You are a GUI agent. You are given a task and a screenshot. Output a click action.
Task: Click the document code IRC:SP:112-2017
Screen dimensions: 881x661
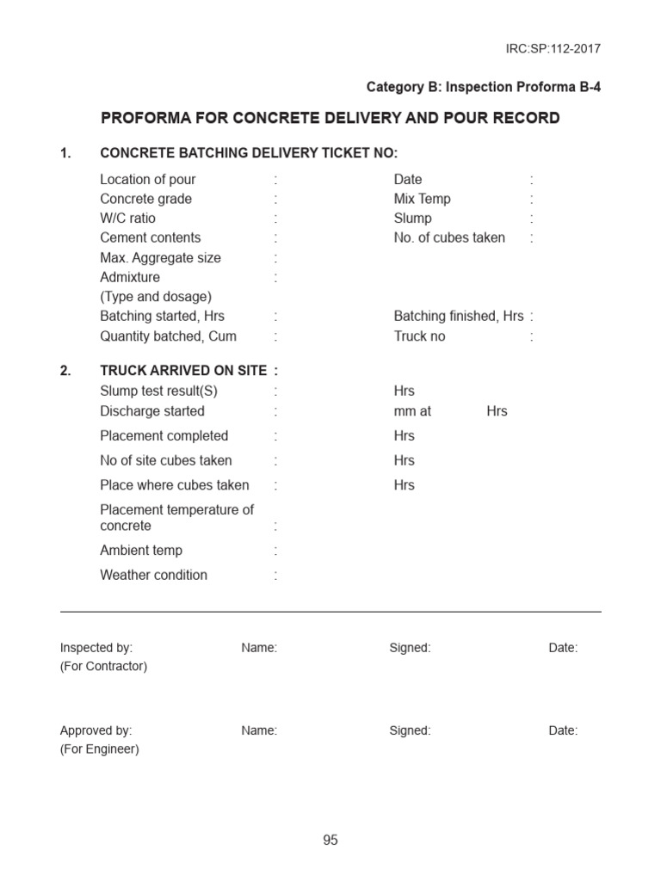(x=553, y=48)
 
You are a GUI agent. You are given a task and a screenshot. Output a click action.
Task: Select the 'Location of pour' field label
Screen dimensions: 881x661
(x=148, y=179)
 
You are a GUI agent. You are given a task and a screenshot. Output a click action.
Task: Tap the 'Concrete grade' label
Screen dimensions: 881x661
(x=146, y=199)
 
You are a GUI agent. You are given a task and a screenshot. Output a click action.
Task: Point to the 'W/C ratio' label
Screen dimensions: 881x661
(x=128, y=219)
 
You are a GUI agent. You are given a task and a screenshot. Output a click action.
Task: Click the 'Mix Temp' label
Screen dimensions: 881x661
(x=423, y=199)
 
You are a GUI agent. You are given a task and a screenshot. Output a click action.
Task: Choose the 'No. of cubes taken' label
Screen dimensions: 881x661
(x=449, y=237)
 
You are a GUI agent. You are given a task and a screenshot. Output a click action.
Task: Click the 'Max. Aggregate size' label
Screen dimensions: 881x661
(x=160, y=257)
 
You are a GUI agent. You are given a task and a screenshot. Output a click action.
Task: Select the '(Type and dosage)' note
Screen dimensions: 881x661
(x=156, y=297)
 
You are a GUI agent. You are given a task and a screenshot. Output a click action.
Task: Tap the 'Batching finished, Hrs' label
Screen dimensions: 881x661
(x=459, y=316)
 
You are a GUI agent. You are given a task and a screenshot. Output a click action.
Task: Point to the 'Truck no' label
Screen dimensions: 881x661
(x=420, y=336)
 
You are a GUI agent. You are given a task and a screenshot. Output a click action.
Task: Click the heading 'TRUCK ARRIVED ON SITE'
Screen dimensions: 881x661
(x=183, y=371)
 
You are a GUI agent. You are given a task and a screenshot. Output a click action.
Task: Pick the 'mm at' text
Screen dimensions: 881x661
(x=412, y=411)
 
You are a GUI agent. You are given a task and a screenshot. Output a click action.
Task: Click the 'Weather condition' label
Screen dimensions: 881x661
(x=154, y=575)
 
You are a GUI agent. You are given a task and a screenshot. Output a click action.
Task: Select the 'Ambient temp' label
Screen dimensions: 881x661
(x=141, y=551)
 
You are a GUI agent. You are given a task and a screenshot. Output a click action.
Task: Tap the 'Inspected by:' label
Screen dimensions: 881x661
(x=96, y=648)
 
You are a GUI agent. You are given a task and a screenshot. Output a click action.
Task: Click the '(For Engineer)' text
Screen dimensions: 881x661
(x=99, y=749)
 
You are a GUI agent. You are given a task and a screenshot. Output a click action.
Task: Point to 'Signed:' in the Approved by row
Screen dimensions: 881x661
(x=410, y=730)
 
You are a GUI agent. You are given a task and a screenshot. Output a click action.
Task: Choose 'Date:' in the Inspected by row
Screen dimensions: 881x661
(x=563, y=648)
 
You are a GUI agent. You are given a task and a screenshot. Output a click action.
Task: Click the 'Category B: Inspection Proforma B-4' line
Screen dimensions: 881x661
(x=484, y=87)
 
